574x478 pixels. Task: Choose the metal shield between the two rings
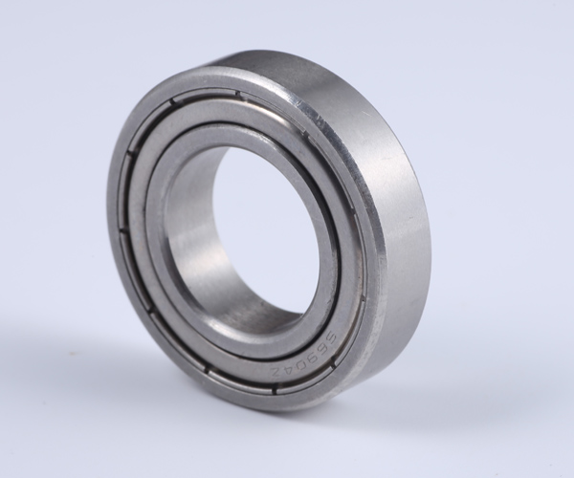[153, 277]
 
